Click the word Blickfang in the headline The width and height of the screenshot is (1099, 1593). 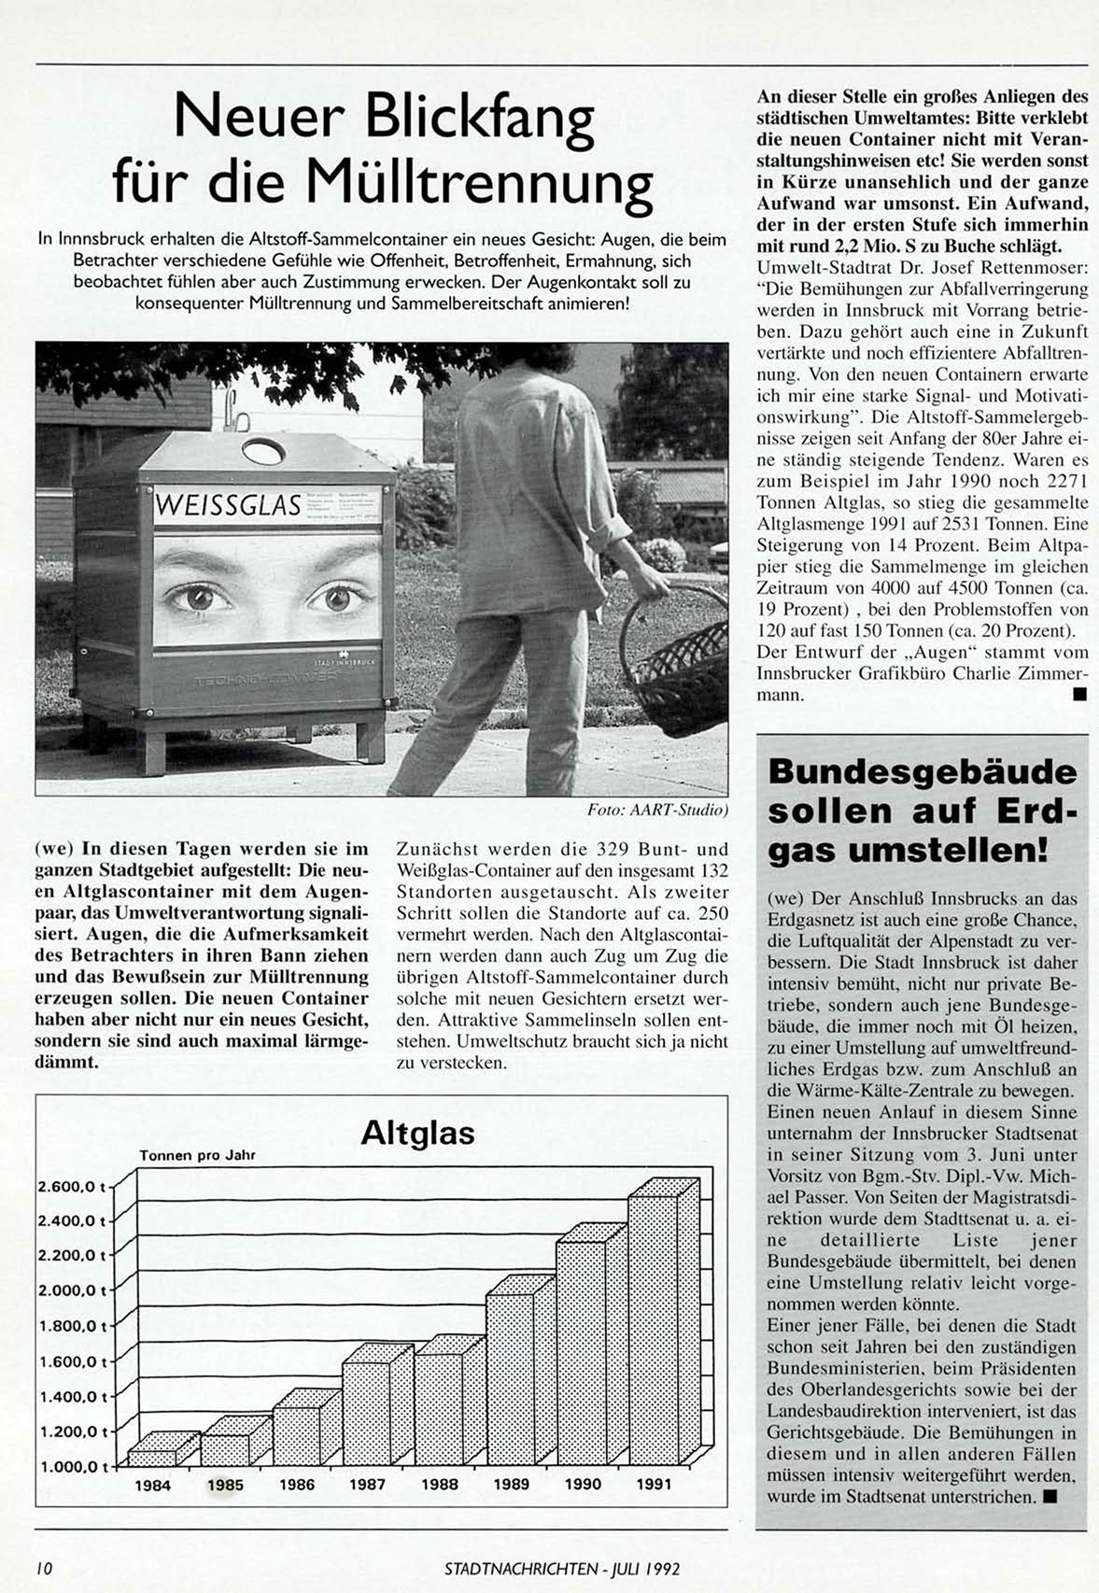[480, 118]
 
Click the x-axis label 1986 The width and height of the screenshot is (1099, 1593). [297, 1484]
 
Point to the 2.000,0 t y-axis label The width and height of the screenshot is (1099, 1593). [73, 1290]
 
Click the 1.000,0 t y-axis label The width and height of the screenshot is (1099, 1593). [73, 1466]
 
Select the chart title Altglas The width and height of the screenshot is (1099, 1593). [417, 1133]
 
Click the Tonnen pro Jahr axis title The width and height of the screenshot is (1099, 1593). [197, 1155]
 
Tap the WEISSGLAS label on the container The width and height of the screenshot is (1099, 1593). [229, 505]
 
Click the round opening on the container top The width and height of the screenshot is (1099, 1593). [263, 451]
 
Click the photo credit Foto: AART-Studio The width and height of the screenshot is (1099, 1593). [657, 810]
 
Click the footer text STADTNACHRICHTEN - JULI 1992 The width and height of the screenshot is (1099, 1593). [561, 1569]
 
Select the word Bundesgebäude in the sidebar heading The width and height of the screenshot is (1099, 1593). [922, 772]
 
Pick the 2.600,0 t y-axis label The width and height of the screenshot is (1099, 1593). [73, 1186]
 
